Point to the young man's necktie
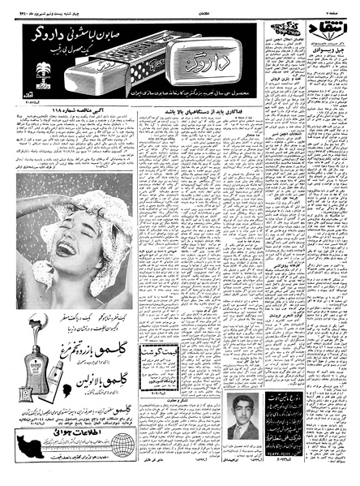(x=243, y=428)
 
